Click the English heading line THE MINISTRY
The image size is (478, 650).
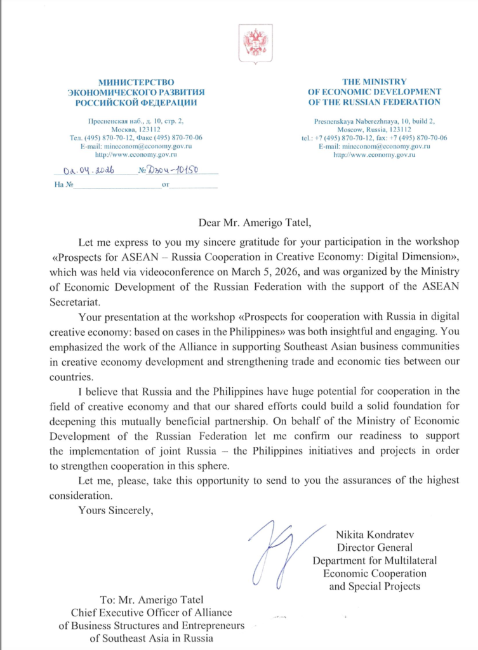tap(374, 82)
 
